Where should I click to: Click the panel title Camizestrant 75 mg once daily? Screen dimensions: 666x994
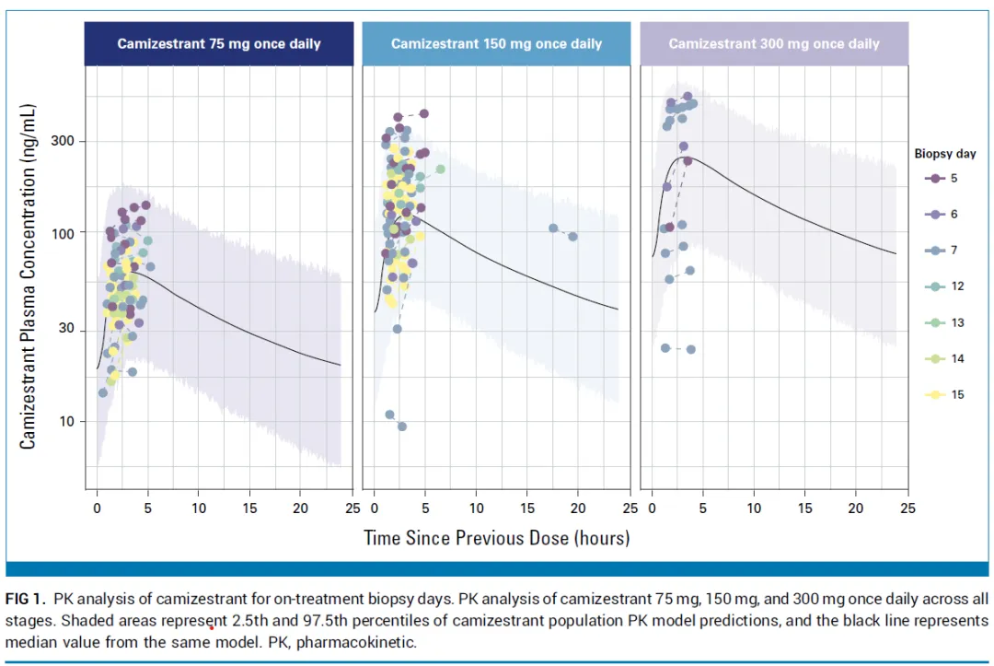point(218,43)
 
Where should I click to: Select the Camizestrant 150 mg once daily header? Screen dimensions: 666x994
point(496,43)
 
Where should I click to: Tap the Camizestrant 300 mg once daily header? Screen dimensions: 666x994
point(773,43)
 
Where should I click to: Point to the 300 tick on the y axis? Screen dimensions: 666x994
point(62,141)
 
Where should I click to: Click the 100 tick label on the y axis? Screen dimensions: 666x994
point(62,232)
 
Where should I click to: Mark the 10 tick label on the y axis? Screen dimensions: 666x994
point(65,421)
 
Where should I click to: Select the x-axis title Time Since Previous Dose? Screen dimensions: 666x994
point(496,537)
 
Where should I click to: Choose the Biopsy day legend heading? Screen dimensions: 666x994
point(945,154)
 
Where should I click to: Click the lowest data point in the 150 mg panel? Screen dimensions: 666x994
point(402,426)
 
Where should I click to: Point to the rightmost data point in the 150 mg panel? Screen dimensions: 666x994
point(572,237)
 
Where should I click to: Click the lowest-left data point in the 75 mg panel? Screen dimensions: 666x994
point(103,392)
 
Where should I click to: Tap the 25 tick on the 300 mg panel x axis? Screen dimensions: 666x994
point(907,508)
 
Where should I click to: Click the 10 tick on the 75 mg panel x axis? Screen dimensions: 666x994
point(199,508)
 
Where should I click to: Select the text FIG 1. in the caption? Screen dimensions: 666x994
point(25,600)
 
